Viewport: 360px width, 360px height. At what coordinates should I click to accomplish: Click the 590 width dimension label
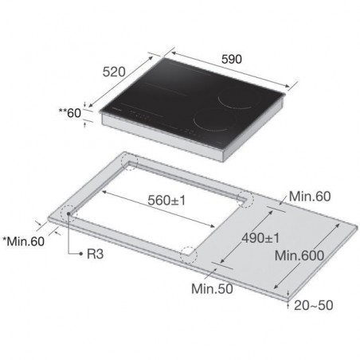(x=232, y=59)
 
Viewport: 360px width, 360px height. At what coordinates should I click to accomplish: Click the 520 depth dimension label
(x=114, y=72)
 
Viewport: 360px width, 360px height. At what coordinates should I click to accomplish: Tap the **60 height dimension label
(x=70, y=113)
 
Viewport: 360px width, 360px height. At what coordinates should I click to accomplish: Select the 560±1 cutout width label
(x=166, y=200)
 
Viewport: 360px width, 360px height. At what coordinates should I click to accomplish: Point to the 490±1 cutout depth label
(x=260, y=238)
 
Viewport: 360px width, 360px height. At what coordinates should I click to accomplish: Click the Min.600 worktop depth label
(x=299, y=256)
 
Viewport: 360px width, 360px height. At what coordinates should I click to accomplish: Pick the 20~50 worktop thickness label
(x=313, y=305)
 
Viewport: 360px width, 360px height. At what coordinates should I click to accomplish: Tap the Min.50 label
(x=212, y=288)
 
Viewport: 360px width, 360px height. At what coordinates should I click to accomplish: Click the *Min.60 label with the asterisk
(x=23, y=241)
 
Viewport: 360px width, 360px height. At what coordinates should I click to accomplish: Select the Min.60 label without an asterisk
(x=310, y=197)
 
